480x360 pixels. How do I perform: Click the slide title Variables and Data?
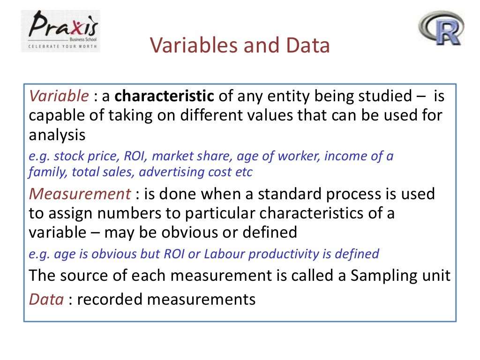240,46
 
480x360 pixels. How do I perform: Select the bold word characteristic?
165,96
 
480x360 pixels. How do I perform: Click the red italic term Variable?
59,96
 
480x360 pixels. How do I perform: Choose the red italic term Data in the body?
46,299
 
